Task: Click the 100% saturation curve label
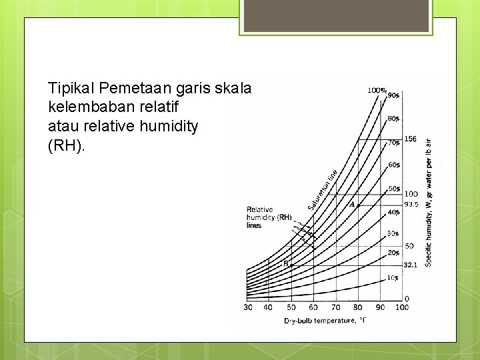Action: pos(377,90)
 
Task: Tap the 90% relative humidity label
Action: pos(394,95)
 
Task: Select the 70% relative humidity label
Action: pos(394,142)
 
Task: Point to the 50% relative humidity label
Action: pos(394,189)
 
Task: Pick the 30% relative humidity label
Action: pos(393,233)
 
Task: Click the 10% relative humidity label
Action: pos(393,277)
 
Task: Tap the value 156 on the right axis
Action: pos(411,139)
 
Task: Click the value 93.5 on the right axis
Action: pos(411,205)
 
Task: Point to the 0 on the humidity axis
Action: pos(407,298)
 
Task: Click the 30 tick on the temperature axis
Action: pos(247,307)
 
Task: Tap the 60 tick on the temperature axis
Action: pos(313,307)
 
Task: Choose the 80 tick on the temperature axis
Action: pos(357,307)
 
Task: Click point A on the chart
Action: pos(353,205)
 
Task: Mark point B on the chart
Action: pos(286,264)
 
